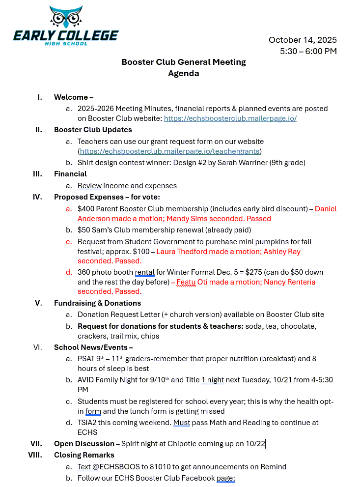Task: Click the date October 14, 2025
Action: [x=303, y=40]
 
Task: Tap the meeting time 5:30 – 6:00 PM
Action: [x=308, y=51]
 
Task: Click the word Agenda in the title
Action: [x=184, y=74]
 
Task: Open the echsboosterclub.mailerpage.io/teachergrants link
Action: [x=170, y=151]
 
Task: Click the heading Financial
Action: [x=70, y=174]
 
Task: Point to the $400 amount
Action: [x=86, y=209]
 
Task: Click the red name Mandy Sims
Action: [x=193, y=219]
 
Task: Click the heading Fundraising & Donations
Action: [x=97, y=303]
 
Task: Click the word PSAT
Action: [x=87, y=359]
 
